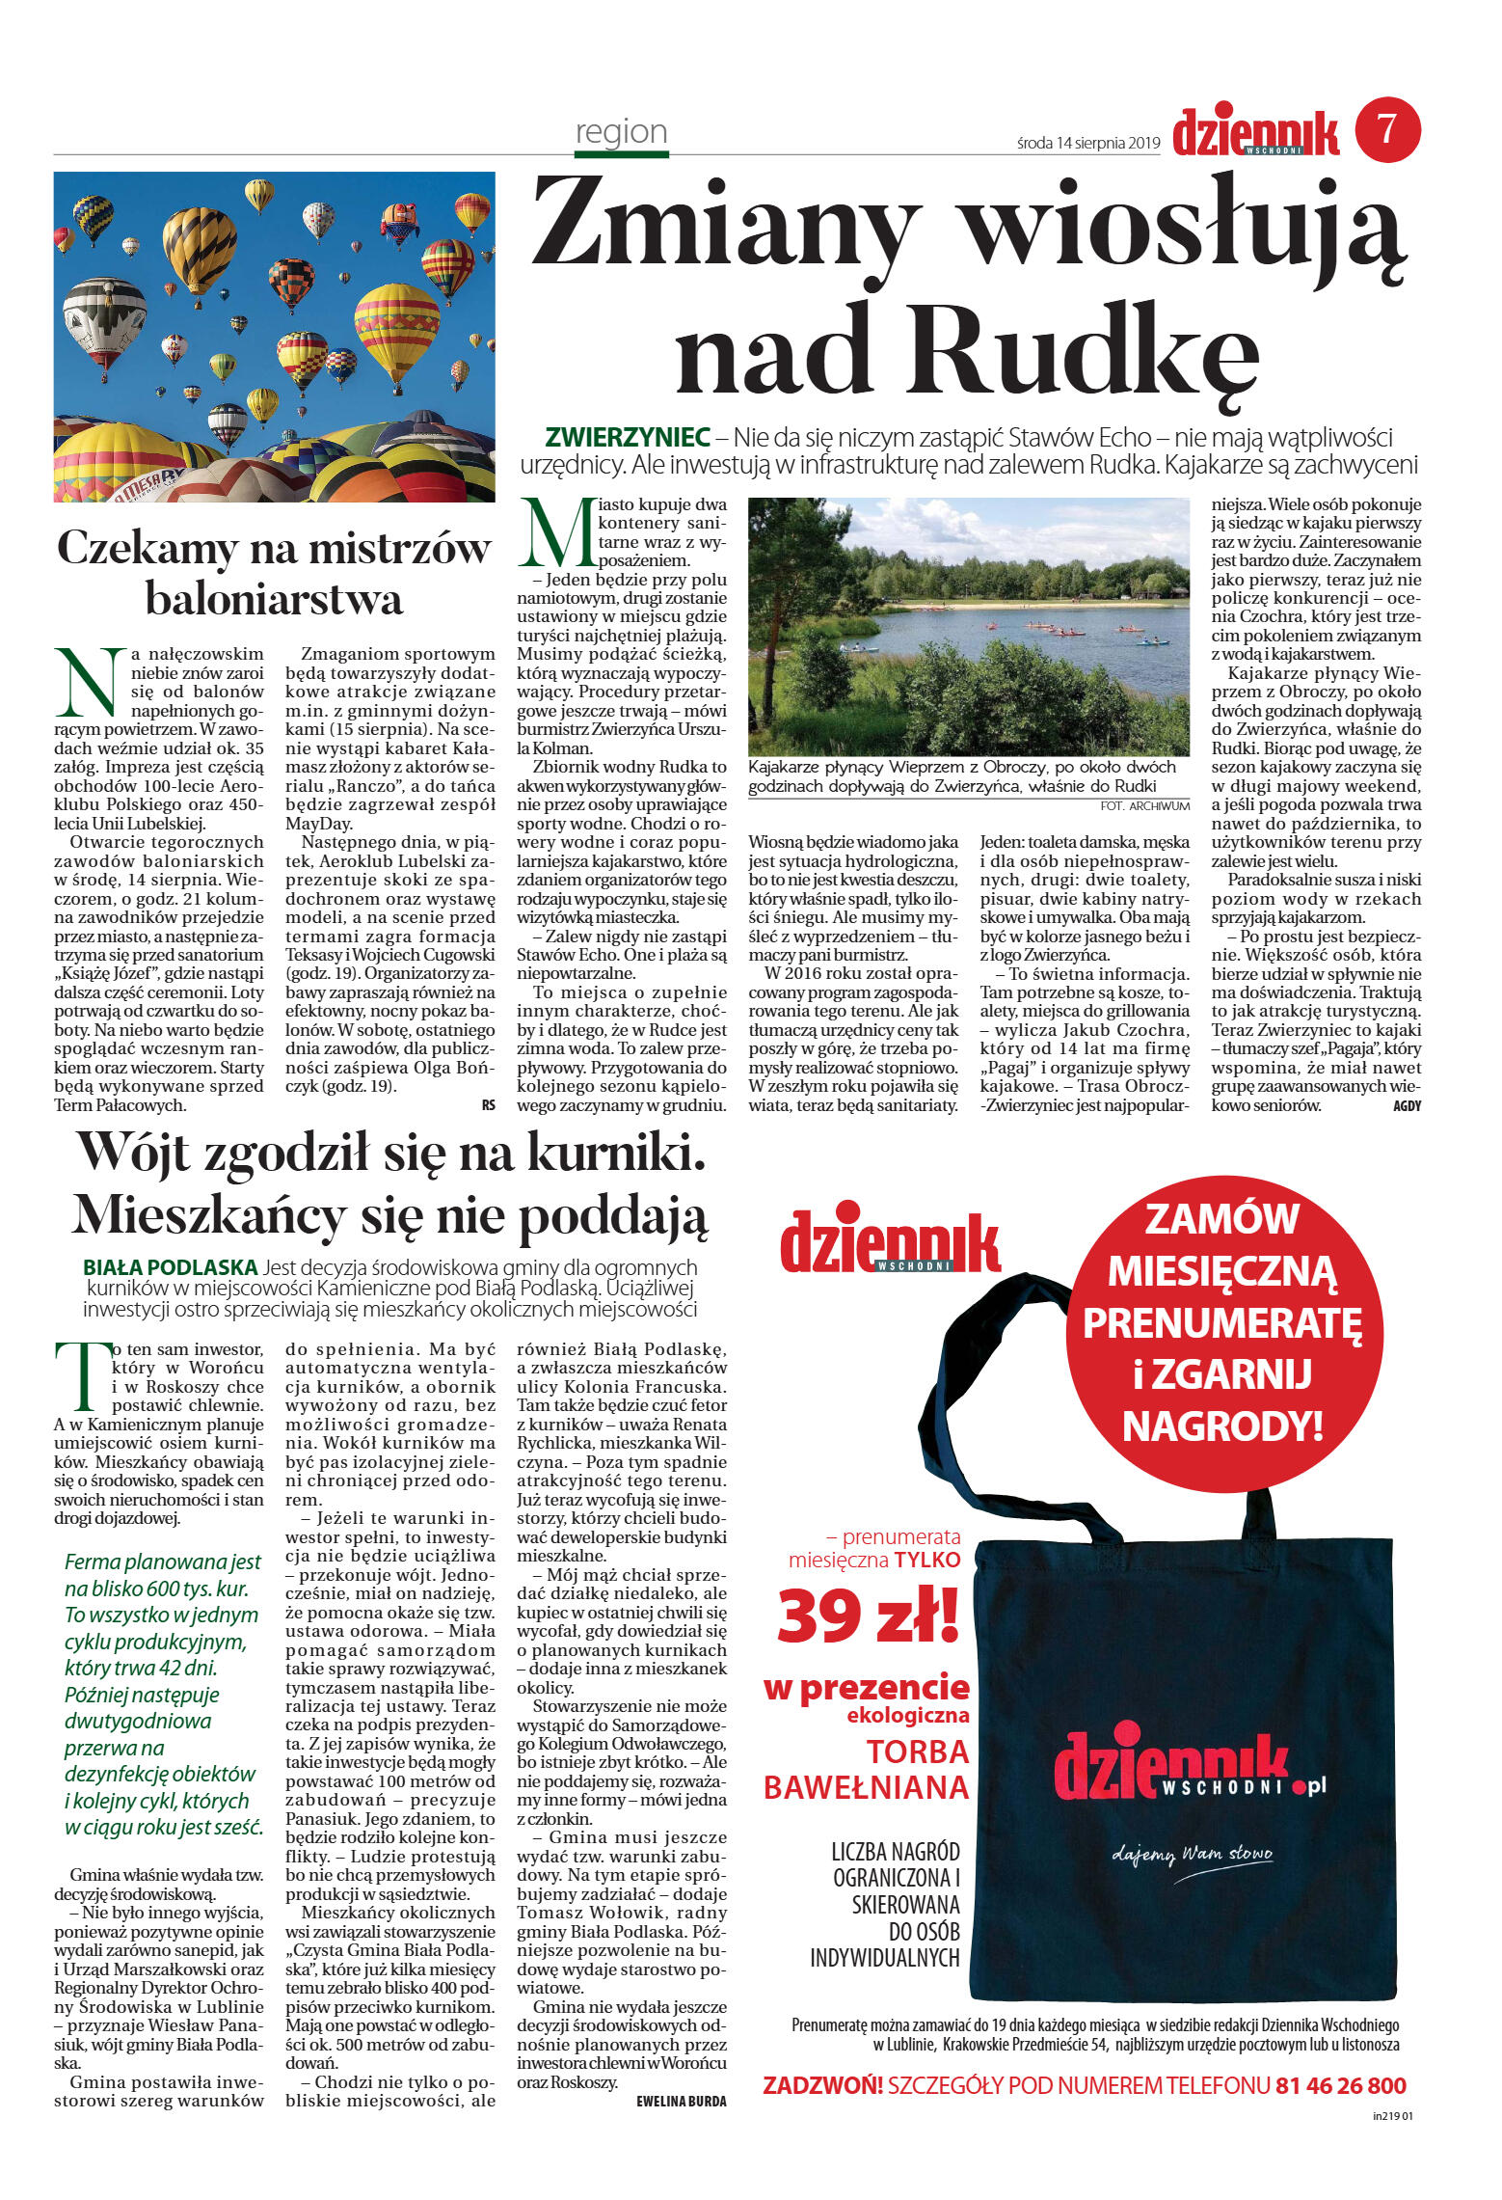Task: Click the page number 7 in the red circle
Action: coord(1387,129)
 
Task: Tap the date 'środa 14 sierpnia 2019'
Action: coord(1087,143)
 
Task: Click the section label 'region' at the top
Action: coord(621,131)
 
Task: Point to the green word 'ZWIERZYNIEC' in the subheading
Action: coord(628,438)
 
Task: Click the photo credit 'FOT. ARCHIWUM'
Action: coord(1144,805)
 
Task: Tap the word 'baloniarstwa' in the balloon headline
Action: coord(274,600)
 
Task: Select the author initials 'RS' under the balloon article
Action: coord(488,1105)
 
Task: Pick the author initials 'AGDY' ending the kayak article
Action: coord(1407,1106)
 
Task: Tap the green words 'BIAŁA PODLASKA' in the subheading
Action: coord(170,1266)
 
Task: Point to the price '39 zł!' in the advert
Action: coord(868,1616)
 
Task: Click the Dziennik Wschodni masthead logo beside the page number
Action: coord(1255,133)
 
